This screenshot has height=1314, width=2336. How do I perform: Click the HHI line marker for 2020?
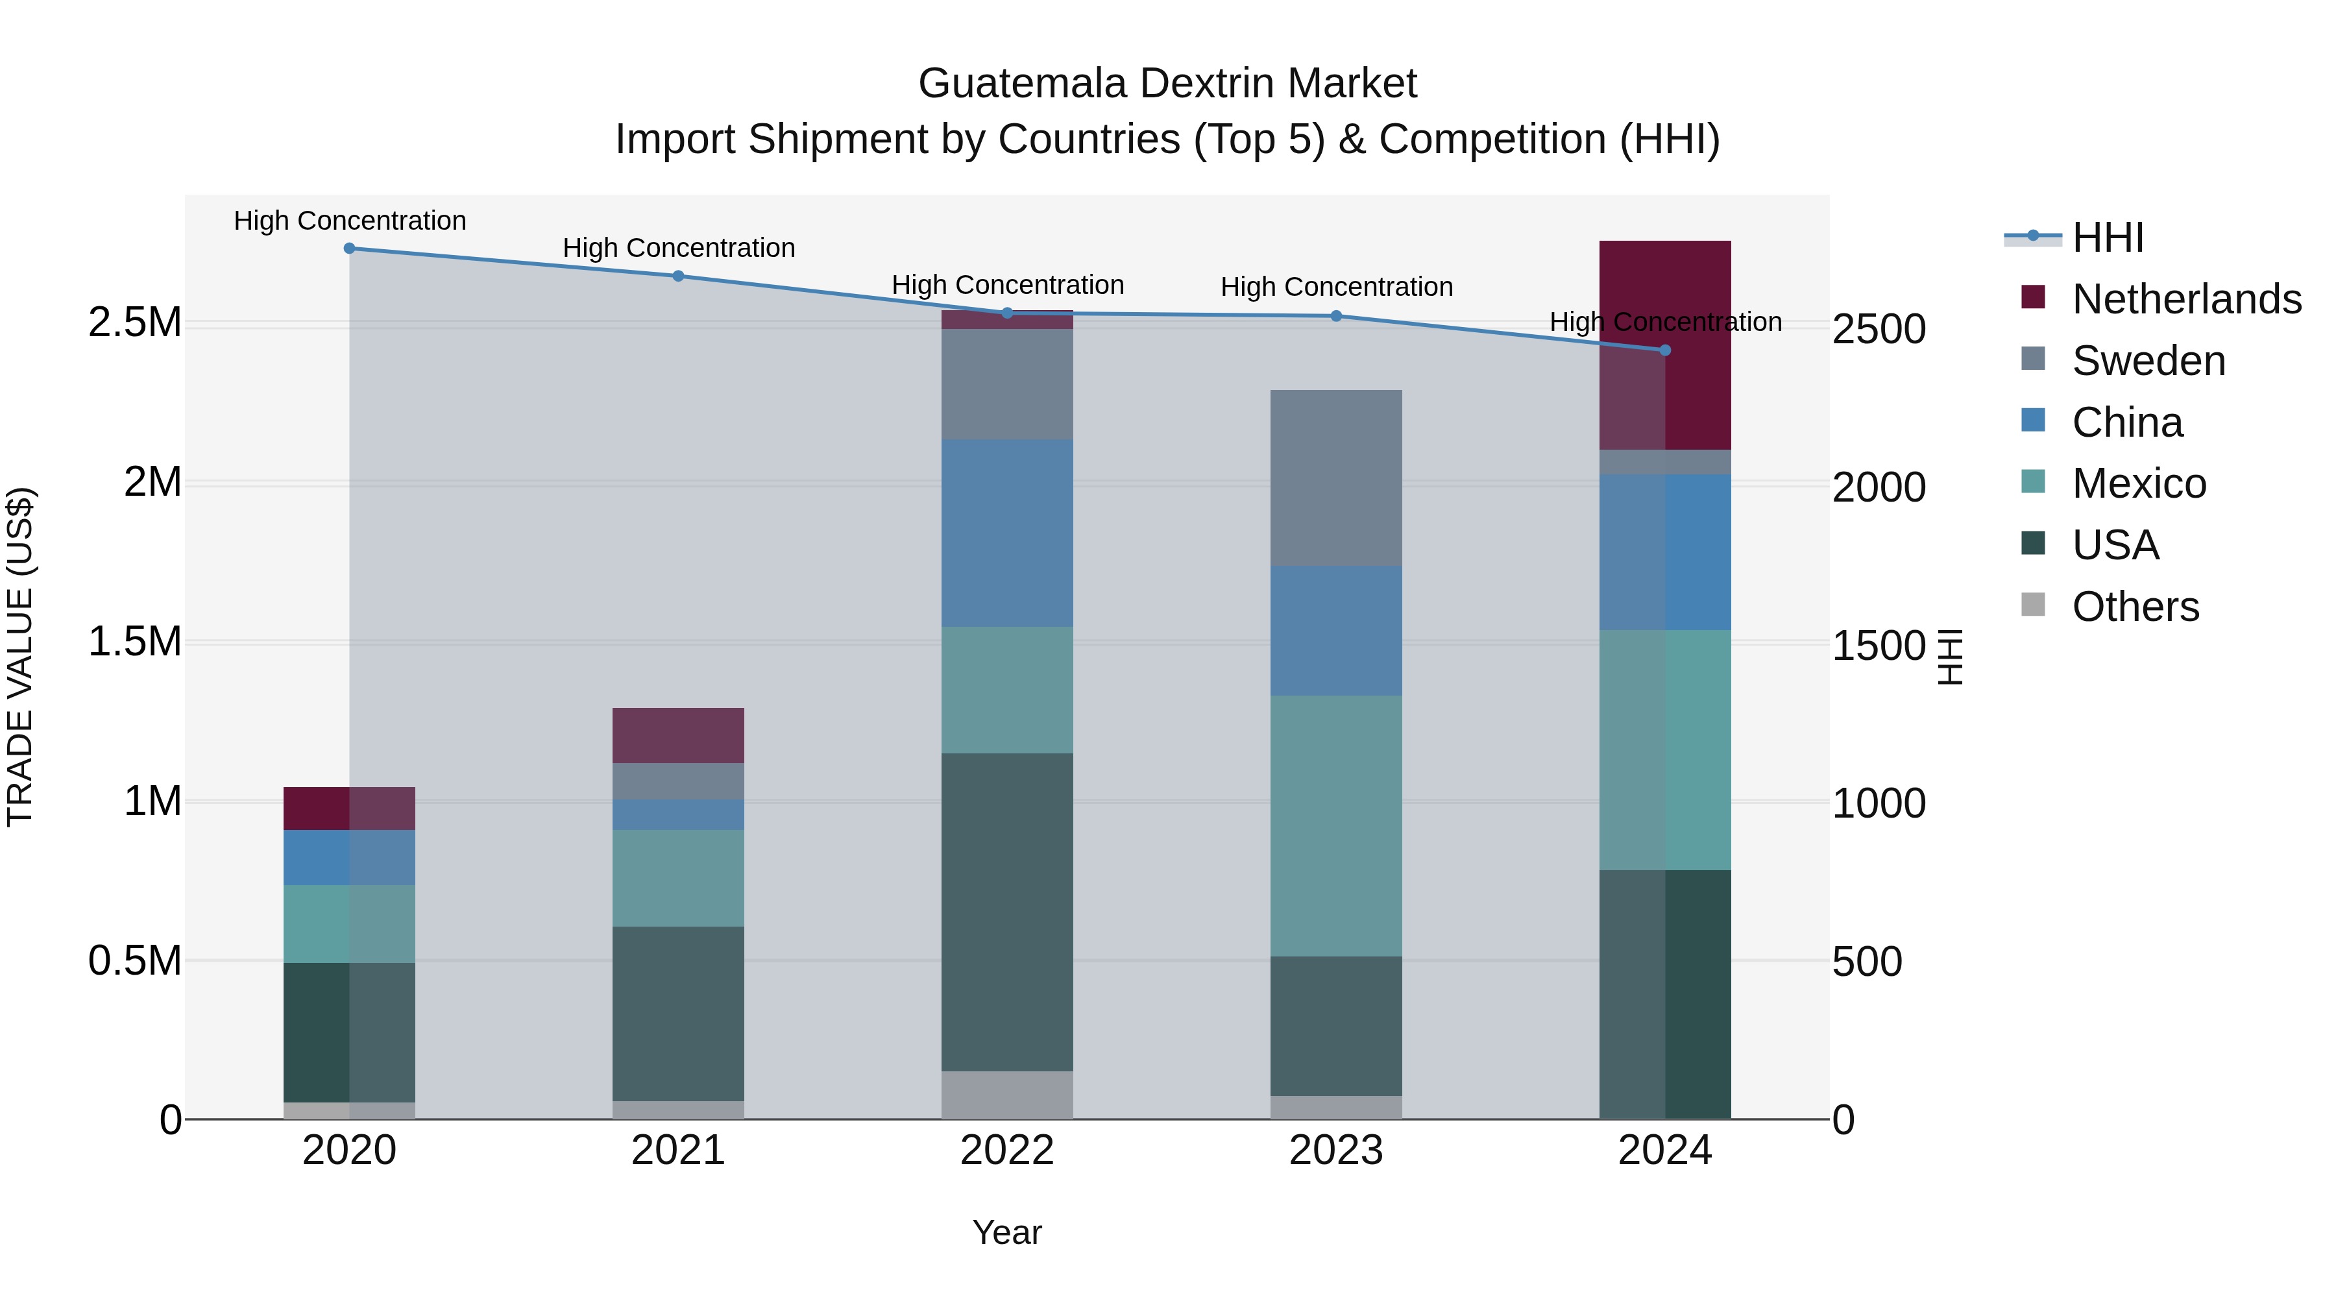349,249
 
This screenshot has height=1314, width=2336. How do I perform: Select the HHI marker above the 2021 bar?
678,276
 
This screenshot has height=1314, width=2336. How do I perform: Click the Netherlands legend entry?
2186,299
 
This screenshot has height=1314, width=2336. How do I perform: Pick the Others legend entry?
2135,607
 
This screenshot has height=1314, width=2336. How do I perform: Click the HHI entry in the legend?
2108,237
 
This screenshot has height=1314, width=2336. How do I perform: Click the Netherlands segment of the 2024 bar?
1665,345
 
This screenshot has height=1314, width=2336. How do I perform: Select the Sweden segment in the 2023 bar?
1336,478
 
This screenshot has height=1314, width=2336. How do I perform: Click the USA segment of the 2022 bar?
1006,912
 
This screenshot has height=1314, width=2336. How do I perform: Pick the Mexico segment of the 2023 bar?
1336,825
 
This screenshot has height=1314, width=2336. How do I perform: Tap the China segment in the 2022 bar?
1006,533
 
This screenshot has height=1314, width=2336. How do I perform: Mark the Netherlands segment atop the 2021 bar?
678,735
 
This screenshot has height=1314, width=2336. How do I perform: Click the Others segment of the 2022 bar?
1006,1095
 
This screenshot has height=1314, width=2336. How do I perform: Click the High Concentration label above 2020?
350,221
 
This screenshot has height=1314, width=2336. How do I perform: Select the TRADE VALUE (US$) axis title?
20,657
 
